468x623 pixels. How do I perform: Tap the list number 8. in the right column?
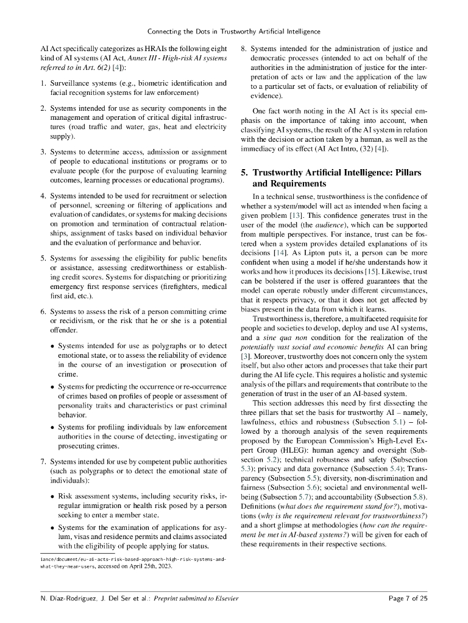[x=244, y=49]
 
